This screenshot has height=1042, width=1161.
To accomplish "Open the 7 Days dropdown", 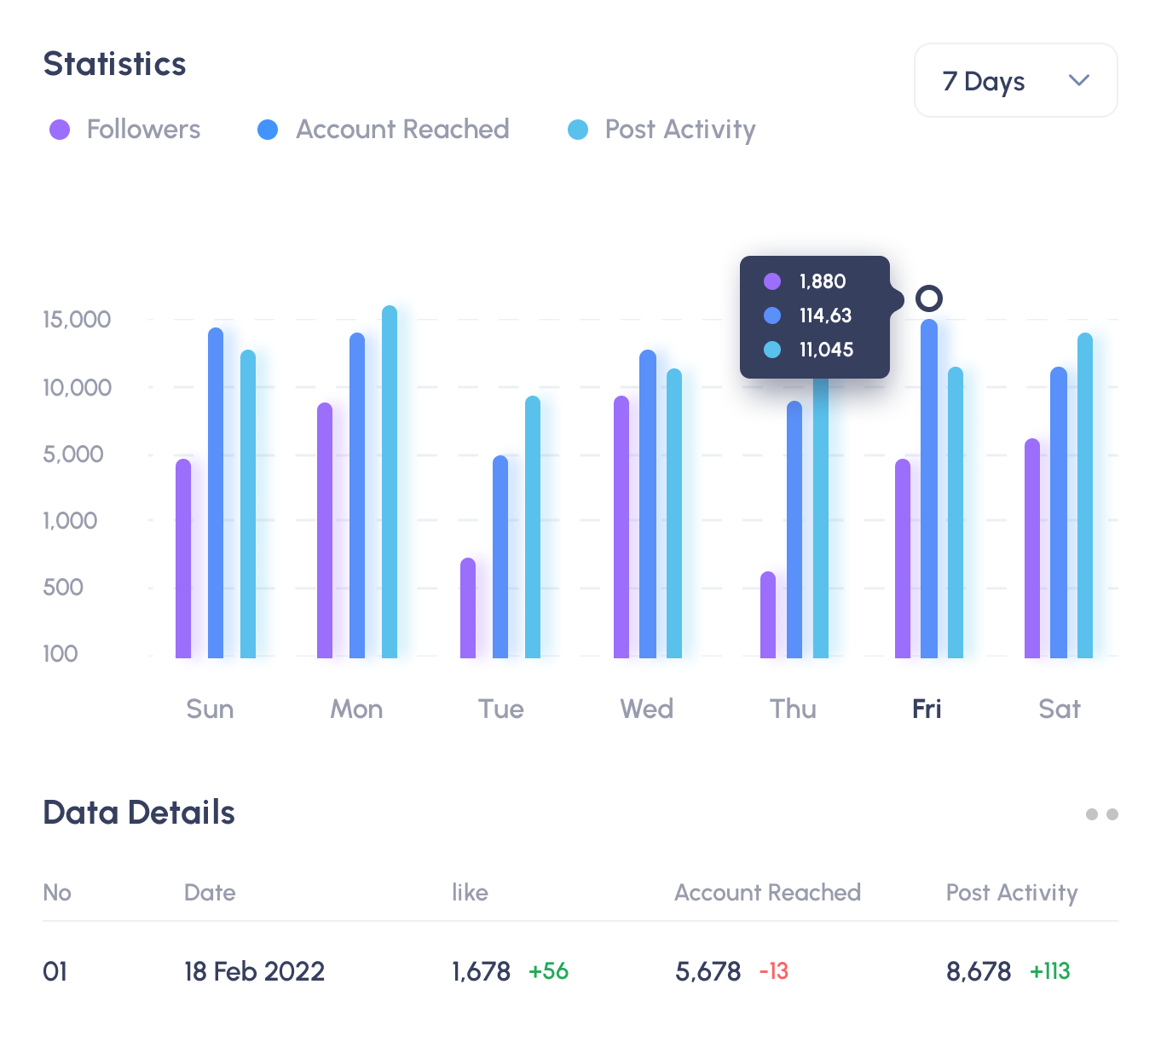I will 1015,80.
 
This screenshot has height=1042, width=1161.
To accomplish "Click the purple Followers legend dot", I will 60,130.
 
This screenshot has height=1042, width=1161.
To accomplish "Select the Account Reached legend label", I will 402,130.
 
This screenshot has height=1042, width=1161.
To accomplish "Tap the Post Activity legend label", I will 679,130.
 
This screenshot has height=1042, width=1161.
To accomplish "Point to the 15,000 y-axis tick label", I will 77,320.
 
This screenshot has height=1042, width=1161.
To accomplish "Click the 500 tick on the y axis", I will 63,588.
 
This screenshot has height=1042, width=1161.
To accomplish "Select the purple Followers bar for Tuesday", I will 468,609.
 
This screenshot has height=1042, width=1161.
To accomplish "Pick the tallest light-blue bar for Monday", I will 390,483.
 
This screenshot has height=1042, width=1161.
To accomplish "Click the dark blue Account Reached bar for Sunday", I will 216,494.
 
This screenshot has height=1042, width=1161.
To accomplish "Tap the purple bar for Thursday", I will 768,616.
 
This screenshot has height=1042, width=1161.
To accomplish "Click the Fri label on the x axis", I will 927,709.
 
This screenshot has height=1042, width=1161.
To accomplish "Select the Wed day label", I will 646,709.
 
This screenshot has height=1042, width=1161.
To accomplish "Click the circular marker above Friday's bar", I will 929,298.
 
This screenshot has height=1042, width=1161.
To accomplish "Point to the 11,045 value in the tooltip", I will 826,350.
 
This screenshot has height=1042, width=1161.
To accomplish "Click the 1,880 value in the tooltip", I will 823,281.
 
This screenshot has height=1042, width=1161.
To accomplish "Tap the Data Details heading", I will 139,813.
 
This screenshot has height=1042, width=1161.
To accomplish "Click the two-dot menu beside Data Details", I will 1101,814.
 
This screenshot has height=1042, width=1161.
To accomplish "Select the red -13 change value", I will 774,971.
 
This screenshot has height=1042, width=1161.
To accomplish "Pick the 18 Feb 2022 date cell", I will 254,971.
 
